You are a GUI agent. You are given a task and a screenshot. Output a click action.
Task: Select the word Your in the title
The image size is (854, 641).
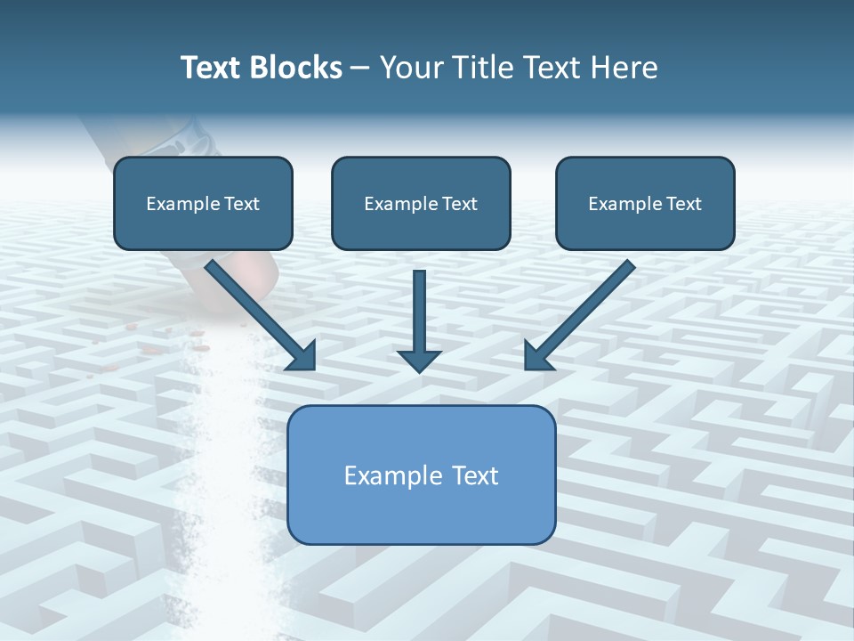click(411, 68)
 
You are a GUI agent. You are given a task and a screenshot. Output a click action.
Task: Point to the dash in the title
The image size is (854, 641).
click(360, 69)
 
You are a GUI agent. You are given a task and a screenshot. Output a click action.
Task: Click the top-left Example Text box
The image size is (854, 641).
click(203, 203)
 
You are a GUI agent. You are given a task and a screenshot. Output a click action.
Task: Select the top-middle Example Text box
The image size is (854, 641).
click(421, 203)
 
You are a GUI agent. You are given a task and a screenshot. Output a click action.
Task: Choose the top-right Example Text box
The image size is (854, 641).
click(645, 203)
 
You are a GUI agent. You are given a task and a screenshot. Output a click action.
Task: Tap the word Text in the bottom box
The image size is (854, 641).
click(473, 475)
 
